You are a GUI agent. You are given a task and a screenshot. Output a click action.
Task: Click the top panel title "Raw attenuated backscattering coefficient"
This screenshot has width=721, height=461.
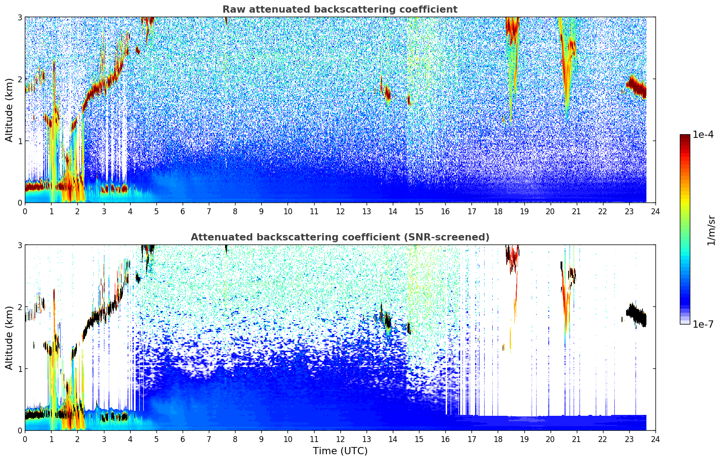point(339,9)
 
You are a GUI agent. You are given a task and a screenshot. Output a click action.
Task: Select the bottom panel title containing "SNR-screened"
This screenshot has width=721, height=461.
point(339,237)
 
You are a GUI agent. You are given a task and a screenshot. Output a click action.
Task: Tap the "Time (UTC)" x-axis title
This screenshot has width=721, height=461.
point(340,451)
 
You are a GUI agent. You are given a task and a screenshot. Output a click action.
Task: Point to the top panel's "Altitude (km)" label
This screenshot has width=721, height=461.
point(9,110)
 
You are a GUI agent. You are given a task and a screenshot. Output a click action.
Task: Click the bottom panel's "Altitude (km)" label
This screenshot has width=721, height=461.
point(9,338)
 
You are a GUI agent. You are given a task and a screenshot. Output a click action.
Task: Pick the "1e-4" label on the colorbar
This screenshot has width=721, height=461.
point(703,135)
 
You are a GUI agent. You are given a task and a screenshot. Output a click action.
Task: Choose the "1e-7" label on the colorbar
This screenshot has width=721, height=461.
point(703,324)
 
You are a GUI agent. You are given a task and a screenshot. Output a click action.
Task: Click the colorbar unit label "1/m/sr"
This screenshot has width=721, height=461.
point(711,230)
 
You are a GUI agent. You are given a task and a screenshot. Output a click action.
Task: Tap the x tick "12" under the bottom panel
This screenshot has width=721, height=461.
point(340,439)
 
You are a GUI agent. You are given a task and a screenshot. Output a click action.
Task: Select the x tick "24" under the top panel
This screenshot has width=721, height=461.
point(655,212)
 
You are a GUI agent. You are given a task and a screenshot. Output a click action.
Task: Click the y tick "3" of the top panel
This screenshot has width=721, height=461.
point(20,17)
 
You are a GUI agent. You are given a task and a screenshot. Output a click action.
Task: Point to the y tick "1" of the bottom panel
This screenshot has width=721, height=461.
point(20,369)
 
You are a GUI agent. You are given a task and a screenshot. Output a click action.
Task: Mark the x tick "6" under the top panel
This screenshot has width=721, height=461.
point(183,212)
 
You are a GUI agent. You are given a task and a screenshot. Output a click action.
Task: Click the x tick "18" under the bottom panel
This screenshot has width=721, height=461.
point(498,439)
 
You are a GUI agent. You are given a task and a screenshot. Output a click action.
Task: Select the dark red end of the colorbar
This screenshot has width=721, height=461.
point(685,137)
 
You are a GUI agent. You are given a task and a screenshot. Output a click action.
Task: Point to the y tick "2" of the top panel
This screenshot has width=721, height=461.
point(20,79)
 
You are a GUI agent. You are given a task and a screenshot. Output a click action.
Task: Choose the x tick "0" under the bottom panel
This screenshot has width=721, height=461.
point(25,439)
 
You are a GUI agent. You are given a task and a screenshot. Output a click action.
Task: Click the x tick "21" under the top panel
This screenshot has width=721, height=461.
point(576,212)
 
